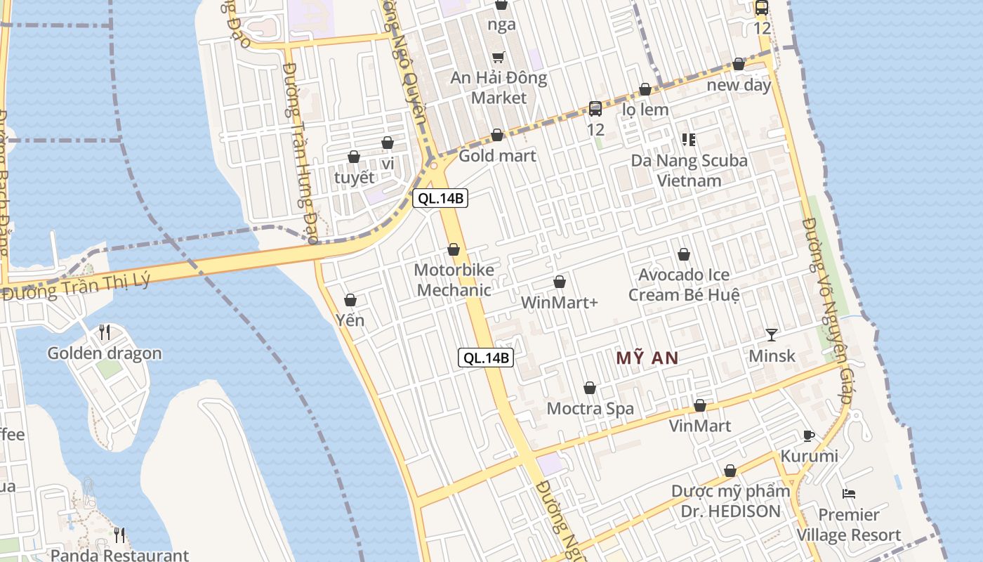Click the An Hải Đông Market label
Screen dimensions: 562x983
click(499, 88)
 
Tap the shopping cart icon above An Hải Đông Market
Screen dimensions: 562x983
click(499, 58)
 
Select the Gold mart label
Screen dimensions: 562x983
click(497, 156)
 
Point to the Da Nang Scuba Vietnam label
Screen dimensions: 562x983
click(689, 171)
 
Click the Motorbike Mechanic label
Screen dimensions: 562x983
click(454, 280)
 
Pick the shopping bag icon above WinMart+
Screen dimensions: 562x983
click(560, 282)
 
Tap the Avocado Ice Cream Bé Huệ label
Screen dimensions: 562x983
click(684, 285)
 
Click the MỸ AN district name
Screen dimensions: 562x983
click(647, 358)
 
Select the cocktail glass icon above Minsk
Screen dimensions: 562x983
click(772, 335)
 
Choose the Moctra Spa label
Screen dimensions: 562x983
click(590, 409)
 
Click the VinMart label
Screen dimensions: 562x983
click(699, 426)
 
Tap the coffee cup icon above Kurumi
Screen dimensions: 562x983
click(809, 436)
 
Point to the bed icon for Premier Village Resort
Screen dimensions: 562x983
click(848, 494)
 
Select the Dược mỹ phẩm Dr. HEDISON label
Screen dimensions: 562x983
click(730, 501)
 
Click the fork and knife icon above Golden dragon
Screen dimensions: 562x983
click(105, 332)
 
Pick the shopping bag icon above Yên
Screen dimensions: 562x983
click(350, 301)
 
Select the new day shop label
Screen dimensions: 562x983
click(739, 86)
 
